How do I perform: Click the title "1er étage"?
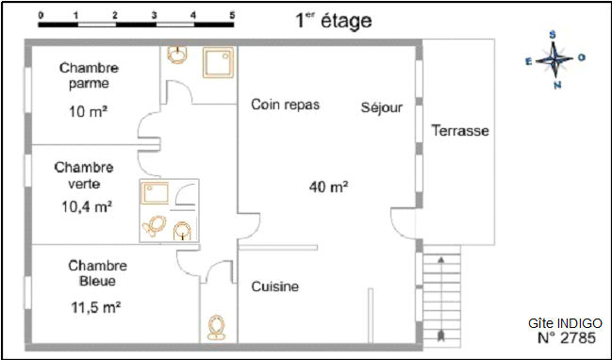pos(334,21)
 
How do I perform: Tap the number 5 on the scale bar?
pos(232,15)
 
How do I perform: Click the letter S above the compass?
pos(553,35)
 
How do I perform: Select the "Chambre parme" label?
pos(89,75)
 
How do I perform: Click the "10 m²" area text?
pos(88,112)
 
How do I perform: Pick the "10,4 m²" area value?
pos(87,206)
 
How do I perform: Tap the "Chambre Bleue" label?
pos(97,273)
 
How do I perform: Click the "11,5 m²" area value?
pos(95,307)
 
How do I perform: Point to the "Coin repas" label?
pos(286,105)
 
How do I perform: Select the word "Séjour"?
pos(381,107)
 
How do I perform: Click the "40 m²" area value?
pos(329,188)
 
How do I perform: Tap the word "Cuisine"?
pos(275,286)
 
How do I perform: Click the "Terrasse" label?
pos(460,130)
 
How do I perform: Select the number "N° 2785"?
pos(567,337)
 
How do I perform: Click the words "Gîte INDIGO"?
pos(565,323)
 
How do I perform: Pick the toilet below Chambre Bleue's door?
pos(216,327)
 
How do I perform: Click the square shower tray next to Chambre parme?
pos(218,62)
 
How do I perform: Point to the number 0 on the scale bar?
pos(41,15)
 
